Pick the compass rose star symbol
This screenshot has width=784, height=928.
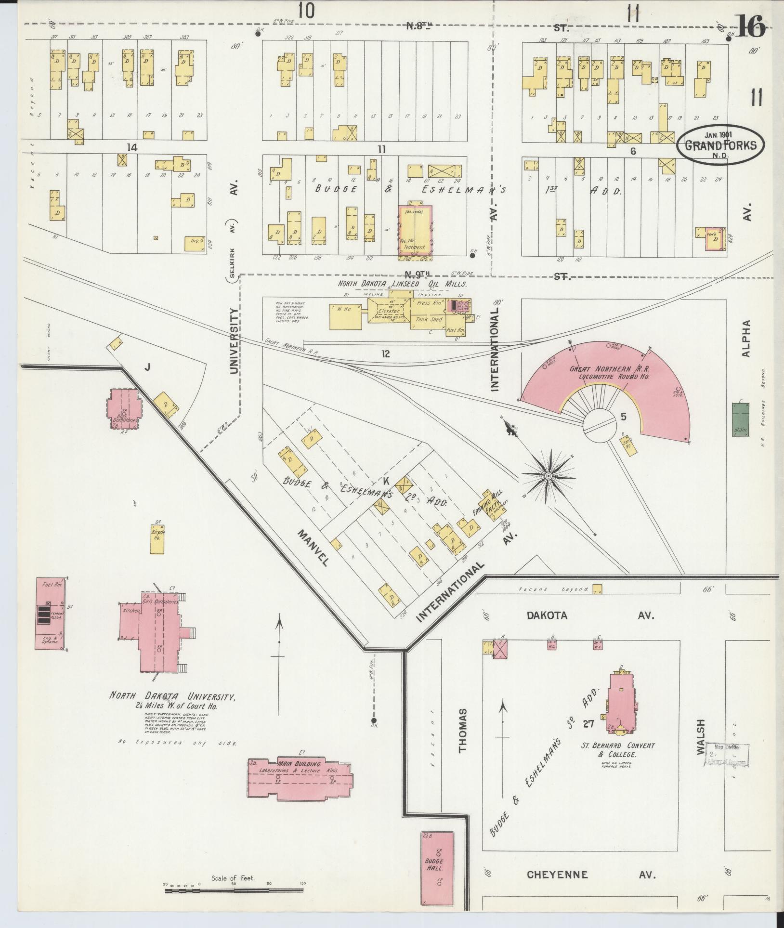click(x=548, y=476)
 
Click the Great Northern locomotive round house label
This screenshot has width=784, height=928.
click(x=609, y=373)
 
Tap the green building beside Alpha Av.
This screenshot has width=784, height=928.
click(x=740, y=419)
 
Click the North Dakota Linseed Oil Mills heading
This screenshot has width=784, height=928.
click(x=402, y=284)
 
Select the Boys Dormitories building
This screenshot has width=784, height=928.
click(x=124, y=409)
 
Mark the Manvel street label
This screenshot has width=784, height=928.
click(x=313, y=548)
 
